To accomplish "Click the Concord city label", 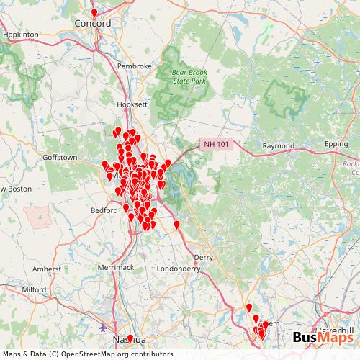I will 93,23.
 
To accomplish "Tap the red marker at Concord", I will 94,12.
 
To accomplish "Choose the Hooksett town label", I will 132,104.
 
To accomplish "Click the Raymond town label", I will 278,145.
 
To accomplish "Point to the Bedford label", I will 104,210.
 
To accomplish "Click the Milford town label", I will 34,289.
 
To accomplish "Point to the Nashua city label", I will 130,338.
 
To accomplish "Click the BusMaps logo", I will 323,338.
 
